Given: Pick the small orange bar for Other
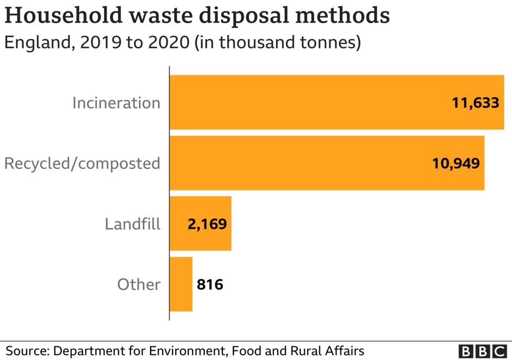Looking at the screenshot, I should pos(181,284).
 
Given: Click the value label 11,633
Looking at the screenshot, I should pos(475,103).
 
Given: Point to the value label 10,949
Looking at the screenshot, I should pos(455,163).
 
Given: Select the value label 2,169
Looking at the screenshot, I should pos(207,224).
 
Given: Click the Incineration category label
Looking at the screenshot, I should pos(116,103).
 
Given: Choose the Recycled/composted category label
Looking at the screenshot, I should pos(82,163).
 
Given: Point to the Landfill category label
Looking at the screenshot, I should pos(132,224).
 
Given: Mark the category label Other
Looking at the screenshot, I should pos(138,284).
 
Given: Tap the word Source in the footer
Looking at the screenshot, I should pos(26,351).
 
